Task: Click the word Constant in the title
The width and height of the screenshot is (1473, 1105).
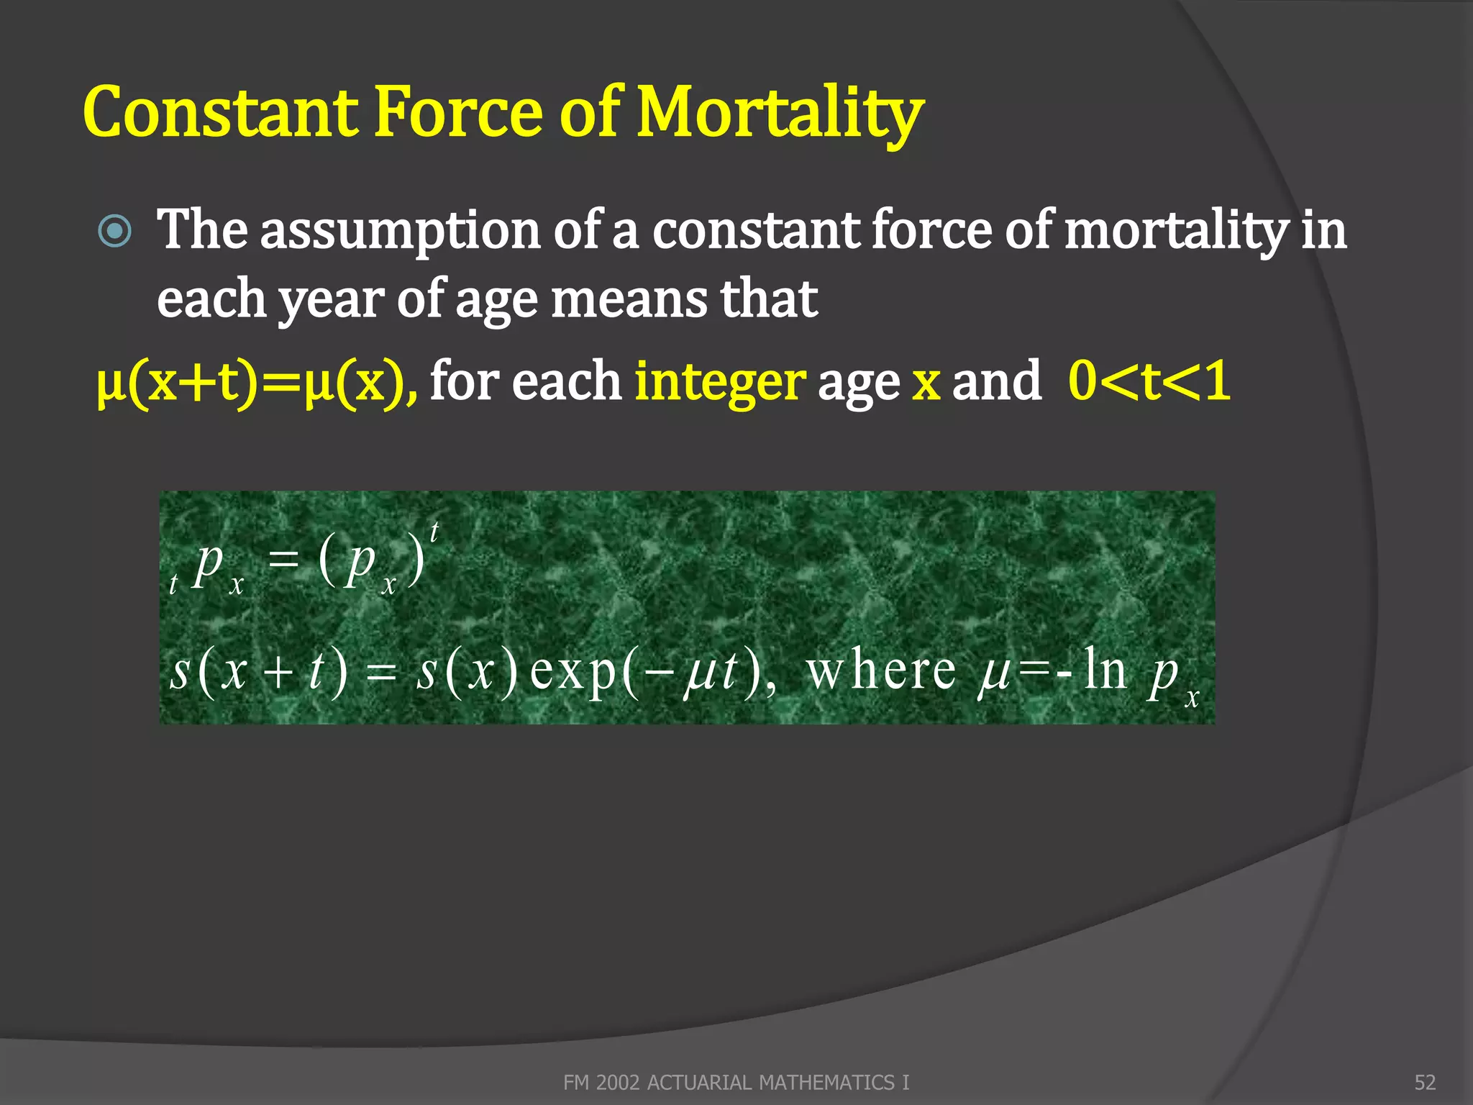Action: coord(219,112)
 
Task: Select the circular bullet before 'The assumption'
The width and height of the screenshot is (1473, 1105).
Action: coord(115,232)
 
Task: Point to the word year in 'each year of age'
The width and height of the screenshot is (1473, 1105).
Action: coord(331,301)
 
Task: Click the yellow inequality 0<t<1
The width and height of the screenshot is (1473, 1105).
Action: coord(1149,381)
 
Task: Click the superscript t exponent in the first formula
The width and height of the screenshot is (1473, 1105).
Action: coord(434,532)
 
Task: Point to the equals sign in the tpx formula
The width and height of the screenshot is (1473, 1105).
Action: coord(283,559)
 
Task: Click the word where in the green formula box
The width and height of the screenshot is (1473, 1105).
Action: coord(881,671)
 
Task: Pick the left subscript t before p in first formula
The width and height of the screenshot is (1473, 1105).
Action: coord(173,583)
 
